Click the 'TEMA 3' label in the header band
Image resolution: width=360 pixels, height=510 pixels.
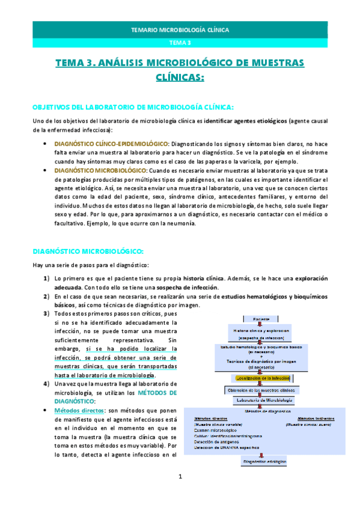[180, 42]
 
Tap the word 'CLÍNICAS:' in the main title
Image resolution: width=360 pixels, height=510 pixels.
[180, 78]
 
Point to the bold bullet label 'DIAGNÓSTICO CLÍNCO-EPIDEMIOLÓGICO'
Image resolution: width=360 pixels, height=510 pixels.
[111, 145]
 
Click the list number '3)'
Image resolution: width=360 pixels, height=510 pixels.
[46, 314]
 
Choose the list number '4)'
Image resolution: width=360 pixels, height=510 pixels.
[46, 367]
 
